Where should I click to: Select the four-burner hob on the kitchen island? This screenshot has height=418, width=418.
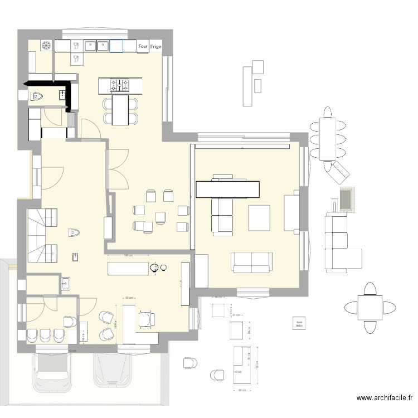pyautogui.click(x=120, y=85)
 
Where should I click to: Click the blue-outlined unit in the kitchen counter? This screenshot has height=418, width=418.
pyautogui.click(x=116, y=46)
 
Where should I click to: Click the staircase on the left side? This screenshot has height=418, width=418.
pyautogui.click(x=41, y=234)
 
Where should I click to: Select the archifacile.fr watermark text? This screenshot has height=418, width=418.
pyautogui.click(x=385, y=398)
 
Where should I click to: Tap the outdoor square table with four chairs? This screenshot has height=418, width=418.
pyautogui.click(x=368, y=308)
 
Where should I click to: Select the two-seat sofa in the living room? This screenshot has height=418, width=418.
pyautogui.click(x=252, y=262)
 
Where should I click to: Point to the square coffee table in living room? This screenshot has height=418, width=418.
pyautogui.click(x=259, y=217)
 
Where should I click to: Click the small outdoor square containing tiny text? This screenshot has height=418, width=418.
pyautogui.click(x=299, y=323)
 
